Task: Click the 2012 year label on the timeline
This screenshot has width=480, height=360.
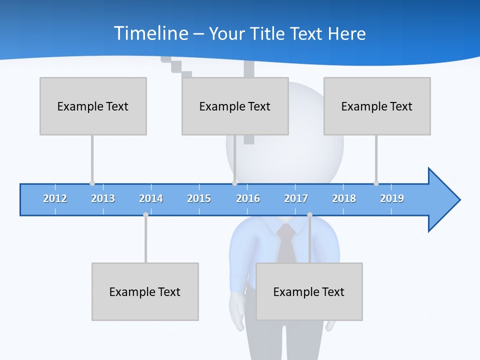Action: tap(55, 198)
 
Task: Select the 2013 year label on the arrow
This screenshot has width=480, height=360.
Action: tap(103, 198)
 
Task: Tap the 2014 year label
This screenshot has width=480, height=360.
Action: tap(151, 198)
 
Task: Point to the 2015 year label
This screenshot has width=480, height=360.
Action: tap(199, 198)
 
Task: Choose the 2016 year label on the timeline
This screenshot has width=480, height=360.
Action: tap(248, 198)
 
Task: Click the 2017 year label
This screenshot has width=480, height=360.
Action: tap(296, 198)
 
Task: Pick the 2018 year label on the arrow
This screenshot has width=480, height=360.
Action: tap(344, 198)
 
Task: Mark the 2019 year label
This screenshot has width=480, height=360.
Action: tap(392, 198)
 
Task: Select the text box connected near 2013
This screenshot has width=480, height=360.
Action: tap(93, 106)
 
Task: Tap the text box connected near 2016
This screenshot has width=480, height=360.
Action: tap(235, 106)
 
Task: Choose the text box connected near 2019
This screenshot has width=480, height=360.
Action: tap(377, 106)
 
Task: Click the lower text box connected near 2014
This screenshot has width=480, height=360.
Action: tap(145, 291)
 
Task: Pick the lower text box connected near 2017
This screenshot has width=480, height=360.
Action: tap(309, 291)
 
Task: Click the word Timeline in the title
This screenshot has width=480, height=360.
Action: tap(149, 33)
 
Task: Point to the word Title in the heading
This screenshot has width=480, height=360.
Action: tap(270, 33)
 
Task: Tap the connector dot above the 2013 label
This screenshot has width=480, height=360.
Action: tap(92, 183)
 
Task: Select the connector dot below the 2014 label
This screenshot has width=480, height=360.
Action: tap(145, 214)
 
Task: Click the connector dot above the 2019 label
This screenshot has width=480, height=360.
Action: tap(376, 183)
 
